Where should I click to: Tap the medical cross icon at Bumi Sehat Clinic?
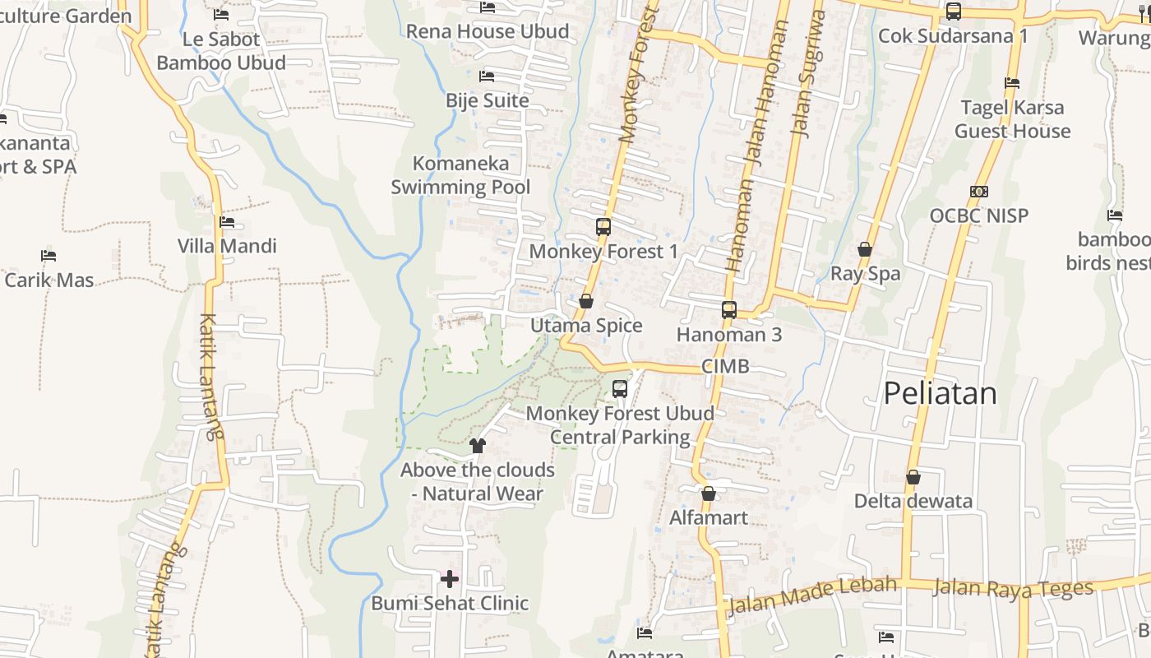pyautogui.click(x=450, y=579)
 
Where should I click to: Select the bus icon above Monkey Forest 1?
pyautogui.click(x=603, y=227)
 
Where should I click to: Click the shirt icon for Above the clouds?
pyautogui.click(x=478, y=446)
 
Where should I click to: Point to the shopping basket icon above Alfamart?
pyautogui.click(x=709, y=493)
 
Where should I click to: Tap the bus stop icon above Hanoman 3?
pyautogui.click(x=729, y=310)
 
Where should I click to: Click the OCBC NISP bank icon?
pyautogui.click(x=978, y=192)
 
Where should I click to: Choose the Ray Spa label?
pyautogui.click(x=865, y=274)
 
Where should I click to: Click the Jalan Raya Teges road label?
pyautogui.click(x=1013, y=588)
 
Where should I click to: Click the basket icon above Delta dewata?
pyautogui.click(x=913, y=477)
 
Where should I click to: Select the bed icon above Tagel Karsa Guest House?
pyautogui.click(x=1012, y=83)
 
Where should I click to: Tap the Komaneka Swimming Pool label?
pyautogui.click(x=460, y=175)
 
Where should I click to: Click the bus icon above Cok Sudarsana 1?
pyautogui.click(x=954, y=12)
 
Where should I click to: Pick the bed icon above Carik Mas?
pyautogui.click(x=49, y=256)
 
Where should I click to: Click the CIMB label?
pyautogui.click(x=726, y=367)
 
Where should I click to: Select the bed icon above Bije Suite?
pyautogui.click(x=487, y=76)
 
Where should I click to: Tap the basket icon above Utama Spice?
pyautogui.click(x=586, y=301)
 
